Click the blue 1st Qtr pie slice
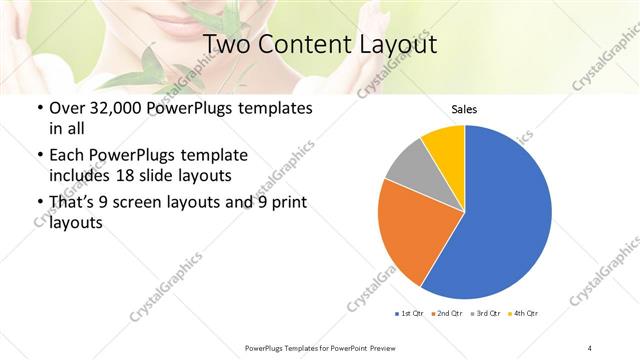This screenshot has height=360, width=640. (505, 215)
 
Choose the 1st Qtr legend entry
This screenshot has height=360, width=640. (409, 314)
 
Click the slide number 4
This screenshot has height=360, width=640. (590, 347)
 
